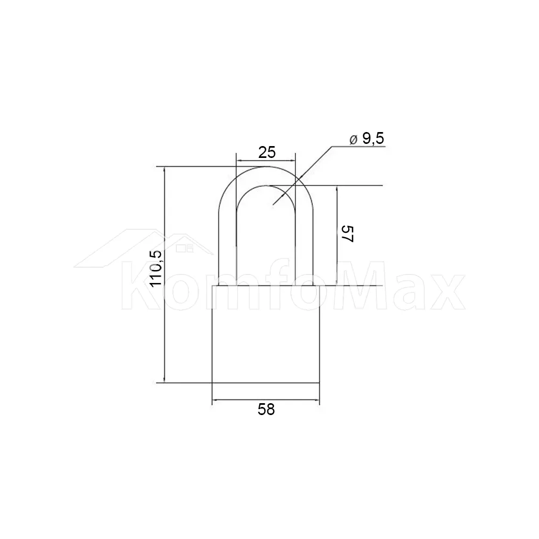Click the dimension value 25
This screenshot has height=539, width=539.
[267, 153]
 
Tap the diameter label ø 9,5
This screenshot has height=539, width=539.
[367, 139]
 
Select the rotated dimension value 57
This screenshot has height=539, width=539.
[347, 234]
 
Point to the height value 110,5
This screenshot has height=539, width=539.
[156, 268]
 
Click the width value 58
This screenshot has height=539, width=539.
[266, 410]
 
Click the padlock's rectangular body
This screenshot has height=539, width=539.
[266, 334]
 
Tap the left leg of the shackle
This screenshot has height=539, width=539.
[227, 247]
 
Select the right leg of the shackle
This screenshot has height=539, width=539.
[304, 247]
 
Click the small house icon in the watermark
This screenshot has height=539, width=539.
[185, 247]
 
